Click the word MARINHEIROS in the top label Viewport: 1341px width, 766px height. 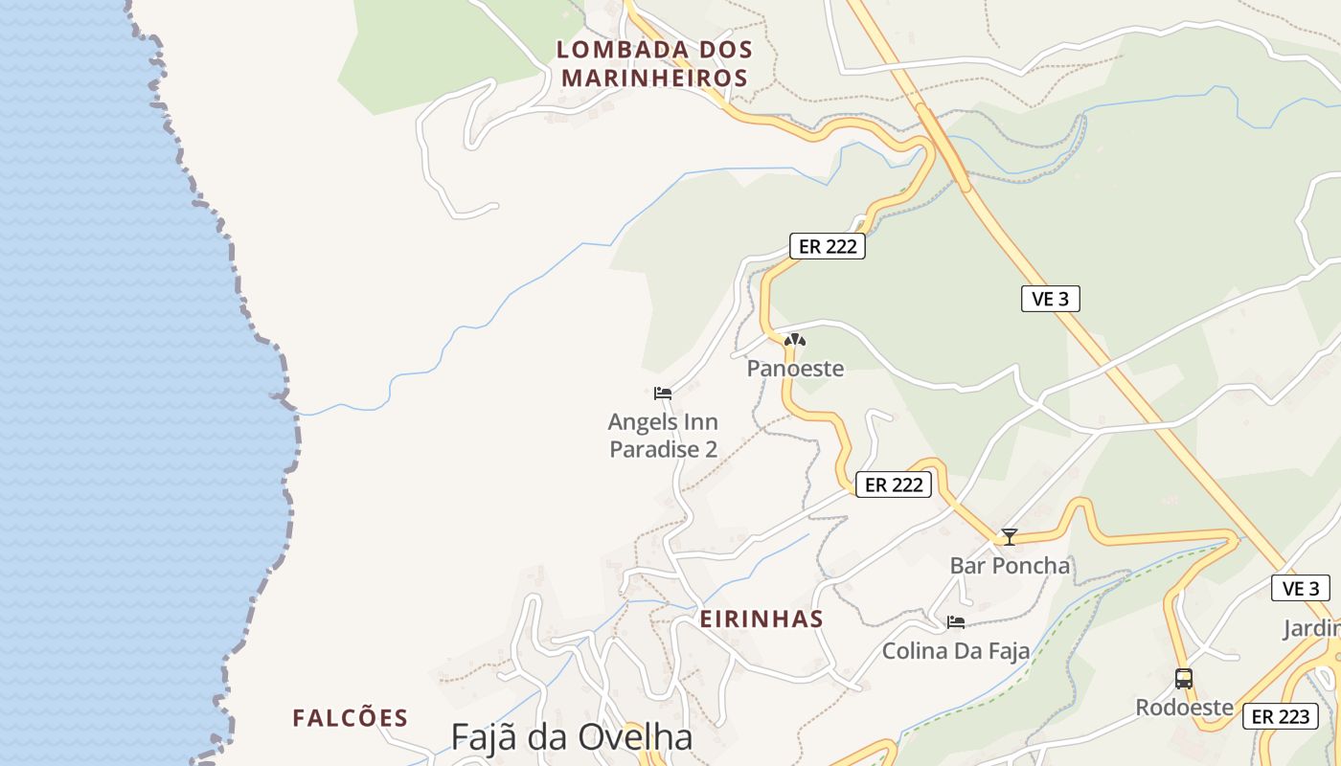[654, 78]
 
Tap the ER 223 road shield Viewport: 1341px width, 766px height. [1280, 716]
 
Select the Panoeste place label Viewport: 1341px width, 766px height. [795, 369]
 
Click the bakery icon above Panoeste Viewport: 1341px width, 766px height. [794, 340]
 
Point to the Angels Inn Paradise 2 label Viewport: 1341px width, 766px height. [663, 436]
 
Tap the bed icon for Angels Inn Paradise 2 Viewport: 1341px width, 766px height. [663, 393]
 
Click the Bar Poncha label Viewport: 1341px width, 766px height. [1010, 566]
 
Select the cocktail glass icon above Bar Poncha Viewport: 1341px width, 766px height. [1009, 537]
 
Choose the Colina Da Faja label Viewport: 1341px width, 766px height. [956, 651]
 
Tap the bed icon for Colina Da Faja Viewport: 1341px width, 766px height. [956, 622]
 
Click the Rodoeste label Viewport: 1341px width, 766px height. [1184, 708]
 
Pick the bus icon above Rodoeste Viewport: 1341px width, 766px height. [1184, 679]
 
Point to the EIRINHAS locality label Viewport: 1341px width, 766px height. [761, 619]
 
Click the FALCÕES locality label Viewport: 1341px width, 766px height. [351, 718]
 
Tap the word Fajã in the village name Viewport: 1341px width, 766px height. [485, 737]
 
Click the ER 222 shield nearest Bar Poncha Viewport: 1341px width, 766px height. [894, 484]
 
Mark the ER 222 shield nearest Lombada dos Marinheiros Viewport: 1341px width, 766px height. [828, 246]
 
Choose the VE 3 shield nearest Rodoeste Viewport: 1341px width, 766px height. [1301, 588]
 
